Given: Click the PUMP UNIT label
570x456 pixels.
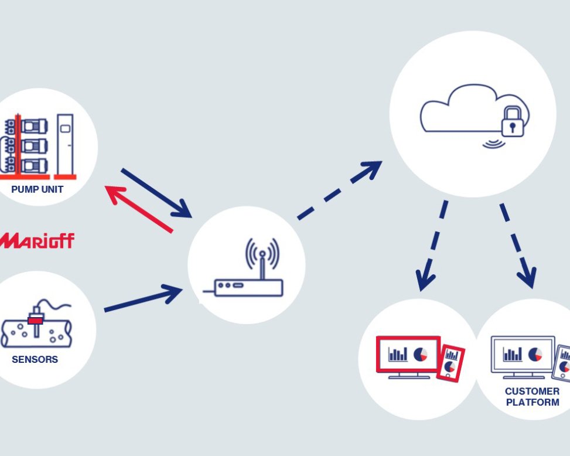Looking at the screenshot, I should (37, 190).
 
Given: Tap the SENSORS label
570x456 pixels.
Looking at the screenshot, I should (35, 359).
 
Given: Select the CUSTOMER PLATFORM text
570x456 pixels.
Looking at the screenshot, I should (532, 397).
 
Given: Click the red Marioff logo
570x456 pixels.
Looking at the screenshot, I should (37, 240).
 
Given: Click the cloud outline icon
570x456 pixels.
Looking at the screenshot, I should (463, 108).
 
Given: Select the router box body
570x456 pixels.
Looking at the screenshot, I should (248, 287).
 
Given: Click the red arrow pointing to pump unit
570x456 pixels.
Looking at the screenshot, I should (138, 208).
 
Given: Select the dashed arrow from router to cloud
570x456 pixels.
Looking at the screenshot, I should (340, 190).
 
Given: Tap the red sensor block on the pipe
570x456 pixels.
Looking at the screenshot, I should (36, 320).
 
